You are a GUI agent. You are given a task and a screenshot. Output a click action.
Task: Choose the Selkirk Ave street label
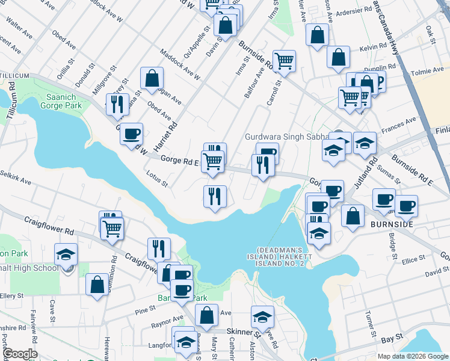[16, 180]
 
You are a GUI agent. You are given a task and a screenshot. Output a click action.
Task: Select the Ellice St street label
[414, 260]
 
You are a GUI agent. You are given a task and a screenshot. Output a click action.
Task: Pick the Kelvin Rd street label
[373, 46]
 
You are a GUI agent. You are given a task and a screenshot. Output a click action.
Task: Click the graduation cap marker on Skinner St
[262, 316]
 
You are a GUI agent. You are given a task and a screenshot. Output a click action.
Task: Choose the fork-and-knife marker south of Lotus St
[215, 196]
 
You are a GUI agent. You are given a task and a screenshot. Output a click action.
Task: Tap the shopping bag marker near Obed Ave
[152, 78]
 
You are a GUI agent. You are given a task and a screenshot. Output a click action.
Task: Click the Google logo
[19, 354]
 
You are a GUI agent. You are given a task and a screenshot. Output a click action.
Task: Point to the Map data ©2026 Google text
[413, 356]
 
